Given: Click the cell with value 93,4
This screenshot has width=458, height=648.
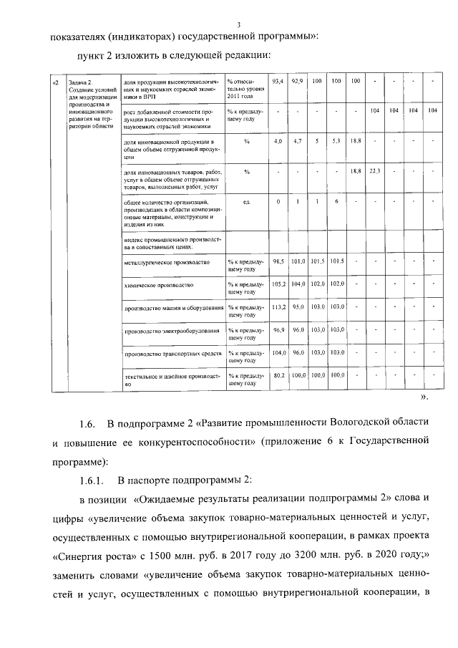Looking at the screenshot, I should click(x=279, y=82).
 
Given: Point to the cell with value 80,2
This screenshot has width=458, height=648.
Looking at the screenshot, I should click(x=279, y=374).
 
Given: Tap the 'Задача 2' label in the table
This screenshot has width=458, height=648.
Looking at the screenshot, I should click(x=82, y=82).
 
